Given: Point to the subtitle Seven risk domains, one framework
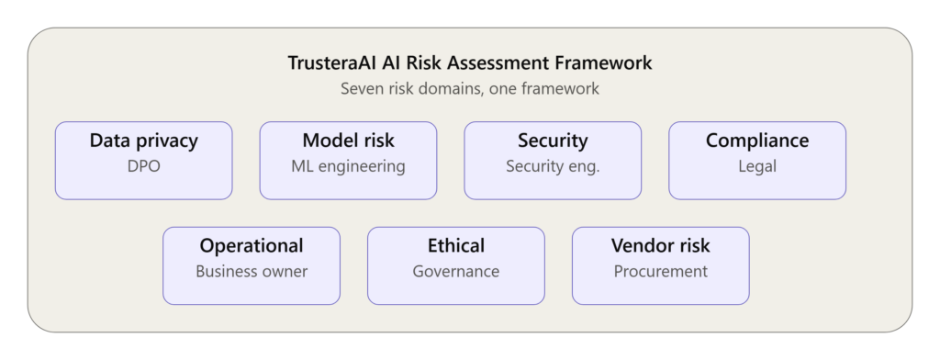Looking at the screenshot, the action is (x=470, y=89).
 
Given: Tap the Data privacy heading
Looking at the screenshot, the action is (x=144, y=141).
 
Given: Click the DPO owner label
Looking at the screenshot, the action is (x=144, y=166).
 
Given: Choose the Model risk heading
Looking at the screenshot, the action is (x=348, y=141).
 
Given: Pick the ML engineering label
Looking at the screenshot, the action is (x=348, y=167).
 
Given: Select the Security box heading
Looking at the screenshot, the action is (x=553, y=141).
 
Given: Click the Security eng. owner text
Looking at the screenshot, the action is (x=553, y=167).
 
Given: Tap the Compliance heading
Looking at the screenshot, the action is (x=757, y=141).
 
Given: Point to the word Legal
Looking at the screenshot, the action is (x=757, y=167).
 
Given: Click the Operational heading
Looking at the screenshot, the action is (x=252, y=247).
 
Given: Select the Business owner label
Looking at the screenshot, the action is (x=252, y=272).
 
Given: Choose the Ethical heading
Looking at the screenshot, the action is (x=456, y=246).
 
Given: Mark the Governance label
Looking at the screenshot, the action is (x=456, y=272).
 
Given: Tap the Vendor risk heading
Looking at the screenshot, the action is (x=661, y=246).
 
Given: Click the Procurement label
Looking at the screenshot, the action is (x=661, y=272).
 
